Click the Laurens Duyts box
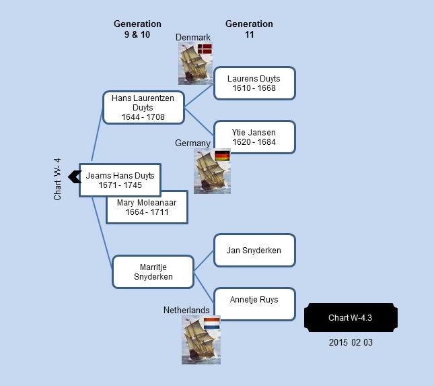coord(254,83)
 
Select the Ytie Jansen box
coord(254,137)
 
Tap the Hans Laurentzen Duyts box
coord(143,108)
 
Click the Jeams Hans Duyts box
coord(120,180)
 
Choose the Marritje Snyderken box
coord(153,272)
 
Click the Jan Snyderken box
coord(254,251)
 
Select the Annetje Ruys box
coord(254,304)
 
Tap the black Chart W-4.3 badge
coord(351,317)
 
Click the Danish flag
coord(205,49)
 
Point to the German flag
coord(222,156)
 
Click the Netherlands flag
coord(212,323)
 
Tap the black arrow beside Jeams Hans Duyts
coord(75,176)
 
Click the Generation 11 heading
coord(249,29)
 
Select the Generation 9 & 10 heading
coord(137,29)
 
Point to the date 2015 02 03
coord(351,342)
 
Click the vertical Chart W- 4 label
coord(57,179)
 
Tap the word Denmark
coord(193,38)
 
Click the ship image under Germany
coord(212,171)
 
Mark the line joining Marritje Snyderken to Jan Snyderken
coord(204,261)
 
